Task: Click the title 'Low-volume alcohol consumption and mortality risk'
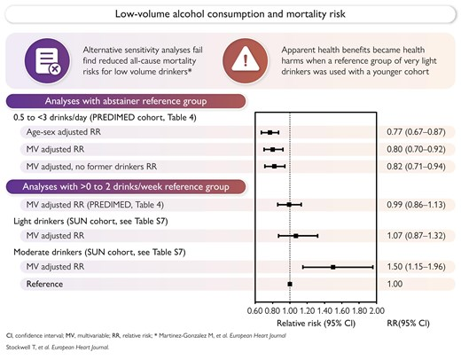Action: click(x=230, y=15)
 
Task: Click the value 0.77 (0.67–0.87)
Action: click(x=419, y=132)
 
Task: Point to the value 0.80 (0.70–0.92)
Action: click(x=419, y=149)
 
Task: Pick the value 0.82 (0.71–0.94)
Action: click(x=419, y=166)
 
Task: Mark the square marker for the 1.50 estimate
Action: click(x=332, y=266)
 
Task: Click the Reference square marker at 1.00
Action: click(x=290, y=284)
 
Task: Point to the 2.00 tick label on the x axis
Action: click(x=376, y=311)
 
